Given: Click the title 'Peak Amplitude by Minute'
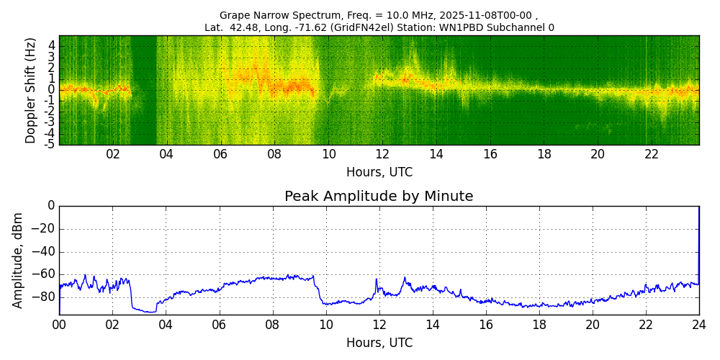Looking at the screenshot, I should tap(379, 197).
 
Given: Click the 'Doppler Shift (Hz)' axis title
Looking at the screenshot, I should tap(31, 91).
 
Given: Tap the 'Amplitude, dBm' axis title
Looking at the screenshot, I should tap(18, 260).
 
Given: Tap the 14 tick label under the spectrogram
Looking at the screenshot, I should tap(436, 154).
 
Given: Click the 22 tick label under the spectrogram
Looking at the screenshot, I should tap(651, 154).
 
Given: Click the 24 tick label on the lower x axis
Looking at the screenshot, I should tap(698, 325).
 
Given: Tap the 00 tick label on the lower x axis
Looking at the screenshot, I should tap(59, 325).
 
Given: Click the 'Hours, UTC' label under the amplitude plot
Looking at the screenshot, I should tap(379, 343).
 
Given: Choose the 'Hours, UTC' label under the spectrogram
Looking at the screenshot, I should tap(379, 172).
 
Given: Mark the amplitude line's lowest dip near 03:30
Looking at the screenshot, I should tap(150, 312).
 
